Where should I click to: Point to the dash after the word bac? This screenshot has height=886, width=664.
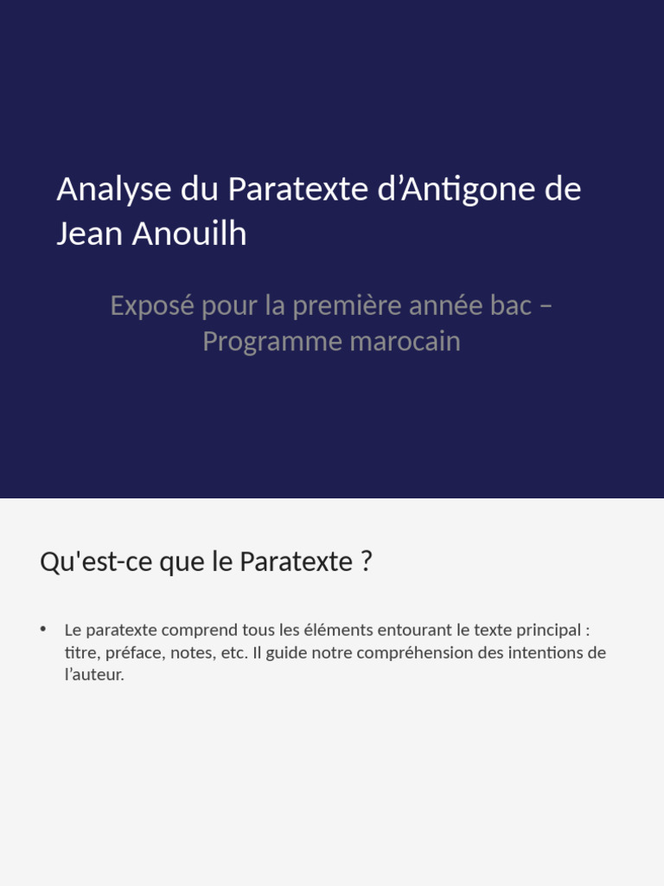click(545, 306)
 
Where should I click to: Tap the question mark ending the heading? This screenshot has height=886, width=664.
click(367, 562)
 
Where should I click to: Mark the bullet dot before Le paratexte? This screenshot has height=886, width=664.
click(43, 629)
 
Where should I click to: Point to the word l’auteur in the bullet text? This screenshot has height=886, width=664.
click(94, 675)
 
